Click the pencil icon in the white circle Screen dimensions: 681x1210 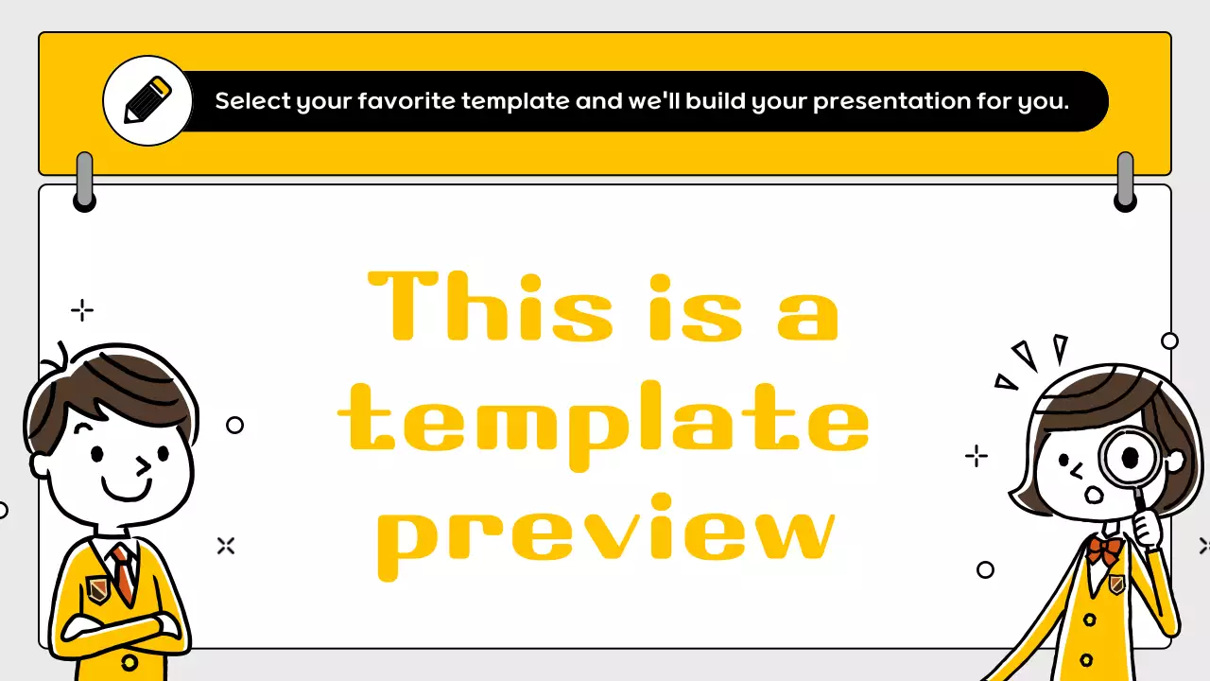[x=147, y=100]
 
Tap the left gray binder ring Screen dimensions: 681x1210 [x=85, y=181]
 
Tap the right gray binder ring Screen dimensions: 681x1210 [x=1125, y=181]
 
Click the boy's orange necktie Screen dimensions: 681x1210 [x=121, y=573]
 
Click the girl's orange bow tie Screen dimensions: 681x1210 [x=1102, y=550]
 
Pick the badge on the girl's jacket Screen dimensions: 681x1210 [x=1116, y=585]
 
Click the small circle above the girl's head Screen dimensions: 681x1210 [x=1169, y=340]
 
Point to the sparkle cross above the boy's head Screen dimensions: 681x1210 [x=82, y=310]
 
